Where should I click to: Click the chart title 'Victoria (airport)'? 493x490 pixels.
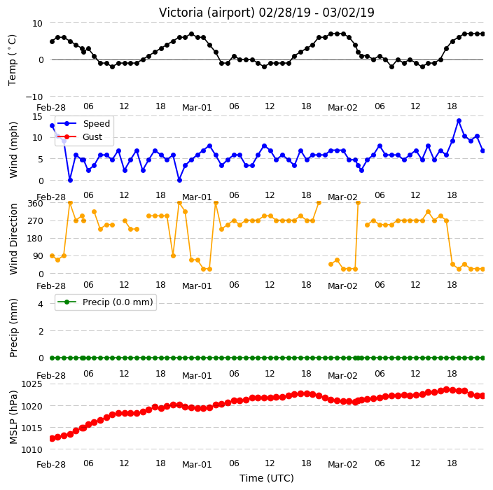(x=207, y=13)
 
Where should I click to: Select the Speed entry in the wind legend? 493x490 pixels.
(x=83, y=123)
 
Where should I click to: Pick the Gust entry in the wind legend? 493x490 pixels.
(x=80, y=137)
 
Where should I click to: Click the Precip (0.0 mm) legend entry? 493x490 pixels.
(x=105, y=302)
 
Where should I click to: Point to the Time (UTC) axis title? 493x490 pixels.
(x=267, y=478)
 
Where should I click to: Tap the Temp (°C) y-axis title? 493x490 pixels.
(x=12, y=59)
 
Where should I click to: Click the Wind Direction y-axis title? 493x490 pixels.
(x=13, y=239)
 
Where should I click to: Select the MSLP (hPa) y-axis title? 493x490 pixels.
(x=13, y=417)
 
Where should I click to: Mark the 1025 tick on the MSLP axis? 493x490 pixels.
(x=32, y=384)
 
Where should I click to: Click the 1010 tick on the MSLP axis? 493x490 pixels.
(x=32, y=450)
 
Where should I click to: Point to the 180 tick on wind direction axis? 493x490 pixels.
(x=36, y=239)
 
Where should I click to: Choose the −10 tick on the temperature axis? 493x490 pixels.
(x=34, y=97)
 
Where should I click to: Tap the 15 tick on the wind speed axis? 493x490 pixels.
(x=37, y=117)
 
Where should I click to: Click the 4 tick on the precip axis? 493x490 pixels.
(x=41, y=304)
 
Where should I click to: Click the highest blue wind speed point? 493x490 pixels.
(x=459, y=121)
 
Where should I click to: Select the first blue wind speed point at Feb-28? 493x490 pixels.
(x=53, y=126)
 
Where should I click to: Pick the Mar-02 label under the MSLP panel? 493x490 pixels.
(x=342, y=465)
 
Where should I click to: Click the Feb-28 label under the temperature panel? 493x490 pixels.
(x=51, y=108)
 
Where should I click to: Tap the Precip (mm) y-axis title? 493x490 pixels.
(x=13, y=328)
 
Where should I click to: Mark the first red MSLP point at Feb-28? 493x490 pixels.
(x=53, y=438)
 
